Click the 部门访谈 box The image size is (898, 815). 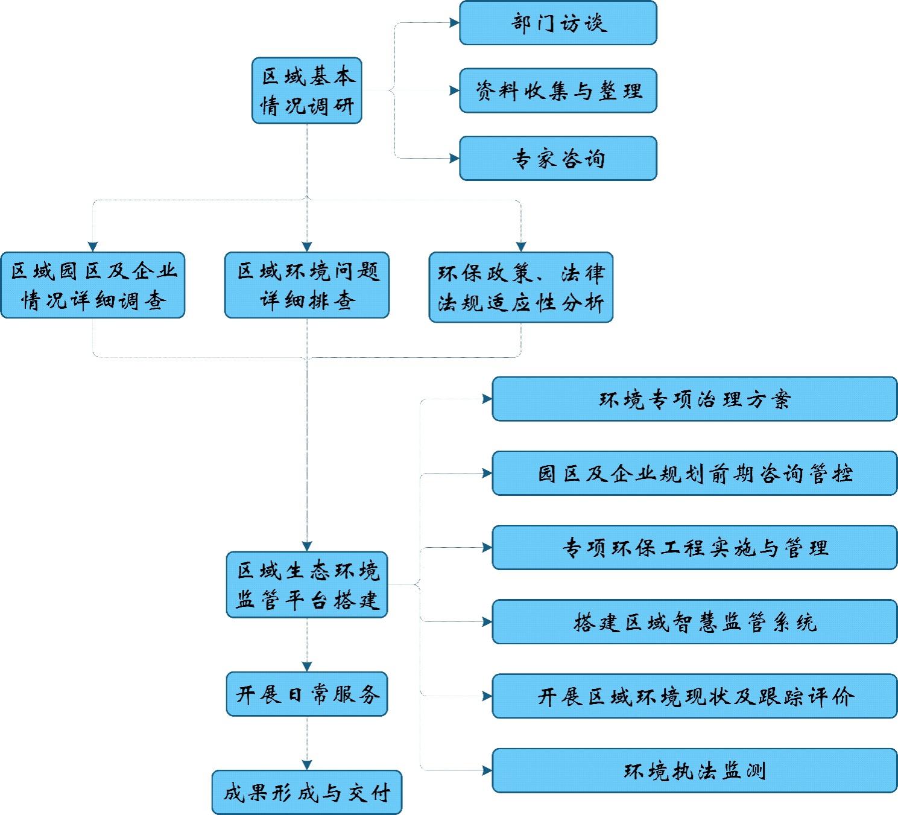tap(558, 23)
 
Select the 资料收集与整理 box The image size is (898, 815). tap(558, 90)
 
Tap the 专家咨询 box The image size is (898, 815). tap(558, 159)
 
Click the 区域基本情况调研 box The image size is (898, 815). tap(307, 91)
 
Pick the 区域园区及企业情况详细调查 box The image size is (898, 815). tap(93, 285)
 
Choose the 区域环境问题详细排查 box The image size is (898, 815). tap(307, 285)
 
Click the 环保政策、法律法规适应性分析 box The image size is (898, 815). tap(521, 287)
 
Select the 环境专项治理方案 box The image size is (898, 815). tap(695, 399)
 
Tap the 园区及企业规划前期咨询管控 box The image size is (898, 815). tap(695, 474)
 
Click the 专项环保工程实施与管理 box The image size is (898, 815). tap(695, 548)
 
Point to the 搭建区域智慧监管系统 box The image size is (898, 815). tap(695, 622)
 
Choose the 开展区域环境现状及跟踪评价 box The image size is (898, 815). tap(695, 697)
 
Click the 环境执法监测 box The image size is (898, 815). tap(695, 771)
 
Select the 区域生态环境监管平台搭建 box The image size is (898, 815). tap(307, 585)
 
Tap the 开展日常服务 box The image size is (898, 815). tap(307, 694)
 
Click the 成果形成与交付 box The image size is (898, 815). tap(307, 792)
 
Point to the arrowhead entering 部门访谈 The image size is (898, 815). tap(455, 23)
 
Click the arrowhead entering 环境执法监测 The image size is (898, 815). tap(487, 771)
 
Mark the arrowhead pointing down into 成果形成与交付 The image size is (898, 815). tap(307, 765)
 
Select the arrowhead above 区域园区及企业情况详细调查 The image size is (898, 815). tap(93, 247)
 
